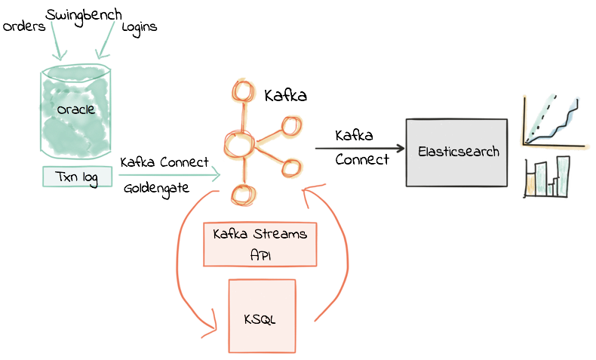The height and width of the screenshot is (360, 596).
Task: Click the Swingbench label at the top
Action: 83,15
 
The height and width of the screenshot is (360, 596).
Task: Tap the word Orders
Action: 24,27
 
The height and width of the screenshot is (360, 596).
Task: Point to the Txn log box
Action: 76,177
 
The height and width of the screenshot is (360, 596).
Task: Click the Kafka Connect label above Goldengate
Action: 164,162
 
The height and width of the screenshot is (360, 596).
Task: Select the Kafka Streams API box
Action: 260,244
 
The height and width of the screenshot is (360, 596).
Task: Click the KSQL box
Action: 261,317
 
